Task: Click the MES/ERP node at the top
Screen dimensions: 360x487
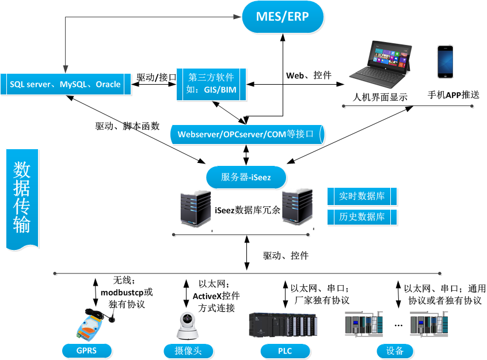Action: point(283,17)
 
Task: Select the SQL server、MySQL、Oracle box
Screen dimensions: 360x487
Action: point(65,85)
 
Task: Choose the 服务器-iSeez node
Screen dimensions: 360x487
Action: point(246,177)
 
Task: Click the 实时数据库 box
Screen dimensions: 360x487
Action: point(362,196)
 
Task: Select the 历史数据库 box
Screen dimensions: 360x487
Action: point(362,217)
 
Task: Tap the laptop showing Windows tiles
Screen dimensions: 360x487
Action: point(382,63)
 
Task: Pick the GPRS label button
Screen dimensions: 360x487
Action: point(87,350)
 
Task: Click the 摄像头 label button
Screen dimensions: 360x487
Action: point(188,350)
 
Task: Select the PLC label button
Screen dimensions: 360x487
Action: point(285,350)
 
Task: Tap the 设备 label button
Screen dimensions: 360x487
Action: point(395,350)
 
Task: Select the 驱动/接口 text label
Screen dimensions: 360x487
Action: point(156,77)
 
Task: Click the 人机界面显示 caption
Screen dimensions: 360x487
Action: point(381,97)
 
